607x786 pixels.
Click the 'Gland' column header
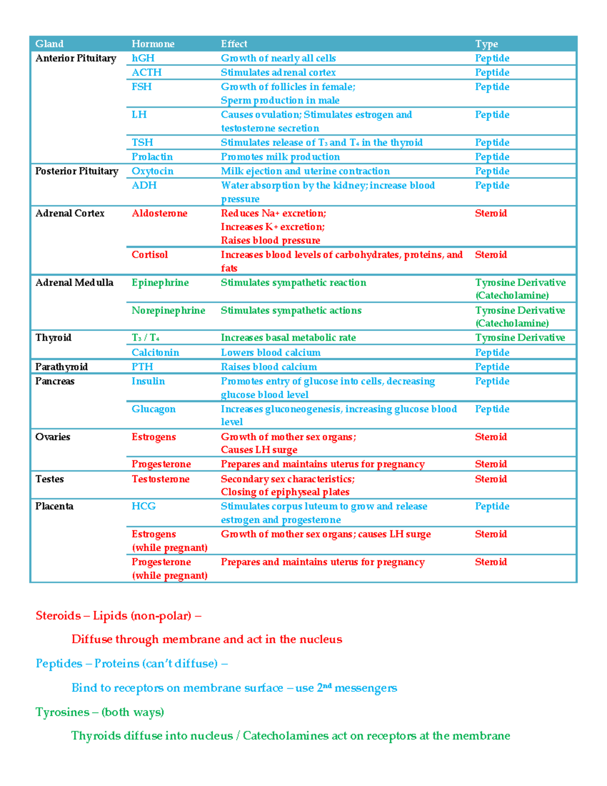(49, 44)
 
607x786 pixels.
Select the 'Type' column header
(486, 44)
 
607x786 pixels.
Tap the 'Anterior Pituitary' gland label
(75, 58)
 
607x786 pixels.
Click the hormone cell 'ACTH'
(146, 72)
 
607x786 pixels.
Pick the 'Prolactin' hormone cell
(152, 157)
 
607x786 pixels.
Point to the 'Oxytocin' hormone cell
(152, 171)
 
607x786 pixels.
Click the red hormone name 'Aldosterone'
(159, 213)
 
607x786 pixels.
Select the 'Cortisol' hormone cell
(149, 255)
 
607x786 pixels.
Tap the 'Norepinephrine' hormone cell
(168, 310)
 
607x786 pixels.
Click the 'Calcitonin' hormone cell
(155, 352)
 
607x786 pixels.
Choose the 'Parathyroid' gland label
(61, 366)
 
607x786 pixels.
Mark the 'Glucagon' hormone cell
(153, 409)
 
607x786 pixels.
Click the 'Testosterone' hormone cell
(160, 479)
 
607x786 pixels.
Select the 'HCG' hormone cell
(144, 506)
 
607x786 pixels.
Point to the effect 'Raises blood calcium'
(269, 366)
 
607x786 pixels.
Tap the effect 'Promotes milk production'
(280, 157)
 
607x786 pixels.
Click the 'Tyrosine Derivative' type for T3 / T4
(519, 338)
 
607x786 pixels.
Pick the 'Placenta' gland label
(54, 506)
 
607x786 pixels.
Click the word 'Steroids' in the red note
(58, 615)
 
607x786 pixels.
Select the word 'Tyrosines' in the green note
(62, 712)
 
